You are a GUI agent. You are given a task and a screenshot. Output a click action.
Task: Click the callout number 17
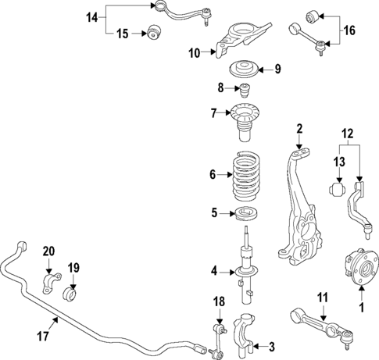[x=43, y=337]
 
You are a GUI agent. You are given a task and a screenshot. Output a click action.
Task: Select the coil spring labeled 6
[x=247, y=176]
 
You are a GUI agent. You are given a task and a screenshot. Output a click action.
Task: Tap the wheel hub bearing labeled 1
[x=362, y=266]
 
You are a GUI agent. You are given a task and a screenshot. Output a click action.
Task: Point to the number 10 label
[x=195, y=53]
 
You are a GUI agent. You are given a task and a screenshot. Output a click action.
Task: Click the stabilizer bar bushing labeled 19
[x=70, y=294]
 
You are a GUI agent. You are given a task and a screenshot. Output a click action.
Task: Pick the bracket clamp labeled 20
[x=52, y=283]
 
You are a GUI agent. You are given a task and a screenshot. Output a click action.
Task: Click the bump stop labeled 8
[x=245, y=91]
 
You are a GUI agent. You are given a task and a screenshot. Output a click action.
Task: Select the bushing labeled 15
[x=154, y=33]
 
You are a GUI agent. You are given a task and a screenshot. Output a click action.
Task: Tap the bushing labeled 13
[x=337, y=189]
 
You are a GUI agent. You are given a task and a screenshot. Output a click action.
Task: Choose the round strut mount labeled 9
[x=243, y=69]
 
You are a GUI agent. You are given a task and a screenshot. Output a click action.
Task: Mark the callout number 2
[x=299, y=129]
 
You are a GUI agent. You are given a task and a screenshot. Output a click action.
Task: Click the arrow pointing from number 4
[x=227, y=273]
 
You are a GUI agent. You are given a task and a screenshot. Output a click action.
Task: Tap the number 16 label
[x=349, y=30]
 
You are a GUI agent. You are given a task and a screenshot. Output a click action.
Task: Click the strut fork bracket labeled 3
[x=244, y=337]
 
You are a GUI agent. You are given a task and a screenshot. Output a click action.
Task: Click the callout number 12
[x=348, y=134]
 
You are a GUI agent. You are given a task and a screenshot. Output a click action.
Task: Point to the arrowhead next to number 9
[x=259, y=70]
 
